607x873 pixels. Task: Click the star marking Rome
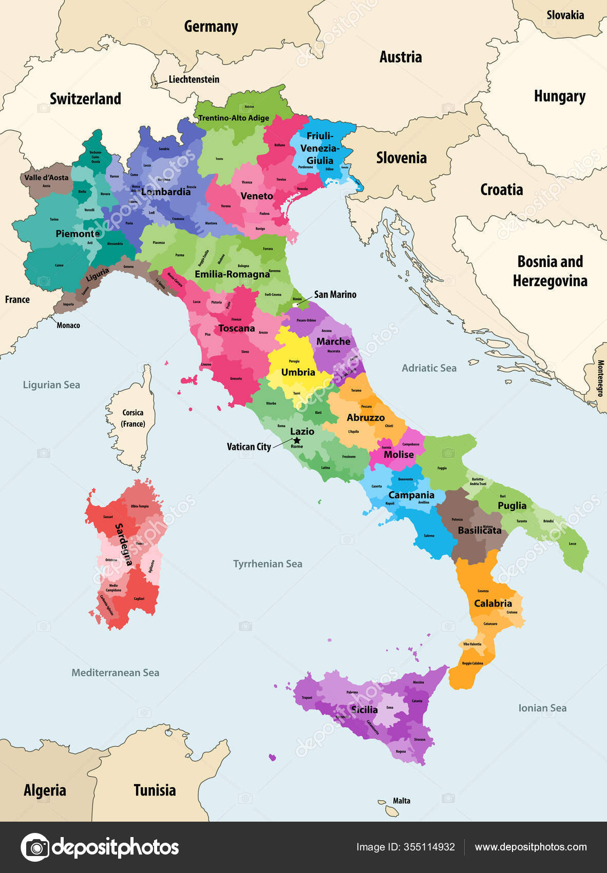297,441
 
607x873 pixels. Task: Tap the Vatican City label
249,447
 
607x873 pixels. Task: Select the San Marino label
335,294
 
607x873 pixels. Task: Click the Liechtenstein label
194,79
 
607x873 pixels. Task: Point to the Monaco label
68,325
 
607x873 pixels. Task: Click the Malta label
402,801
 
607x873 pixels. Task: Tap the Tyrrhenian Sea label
268,564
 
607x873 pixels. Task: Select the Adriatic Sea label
429,368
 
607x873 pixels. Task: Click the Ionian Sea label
542,708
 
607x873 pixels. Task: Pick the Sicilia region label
364,710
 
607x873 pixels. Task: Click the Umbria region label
298,372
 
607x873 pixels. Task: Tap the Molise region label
399,454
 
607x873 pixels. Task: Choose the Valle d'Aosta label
46,178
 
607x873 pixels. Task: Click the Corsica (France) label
132,418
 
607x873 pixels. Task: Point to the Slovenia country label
401,158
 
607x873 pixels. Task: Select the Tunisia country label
155,790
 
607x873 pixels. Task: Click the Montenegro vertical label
600,378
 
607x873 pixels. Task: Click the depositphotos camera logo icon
35,847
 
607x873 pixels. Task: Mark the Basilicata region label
479,530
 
